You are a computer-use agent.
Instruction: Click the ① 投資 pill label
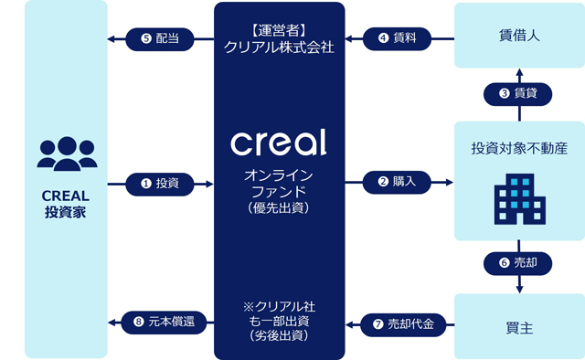(x=160, y=184)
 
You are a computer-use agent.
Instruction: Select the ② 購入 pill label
(x=397, y=182)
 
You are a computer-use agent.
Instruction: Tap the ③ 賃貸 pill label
(x=518, y=93)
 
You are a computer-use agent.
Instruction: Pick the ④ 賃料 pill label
(x=397, y=38)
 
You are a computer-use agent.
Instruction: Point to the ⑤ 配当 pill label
(x=160, y=39)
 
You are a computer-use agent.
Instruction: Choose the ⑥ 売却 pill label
(x=518, y=263)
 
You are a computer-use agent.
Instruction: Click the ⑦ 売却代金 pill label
(x=403, y=324)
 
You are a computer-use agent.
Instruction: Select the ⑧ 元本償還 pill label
(x=164, y=323)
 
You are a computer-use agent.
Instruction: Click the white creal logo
(x=279, y=143)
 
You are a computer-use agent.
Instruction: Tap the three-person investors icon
(x=67, y=154)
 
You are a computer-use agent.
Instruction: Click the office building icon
(x=520, y=199)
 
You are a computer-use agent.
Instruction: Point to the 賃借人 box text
(x=519, y=36)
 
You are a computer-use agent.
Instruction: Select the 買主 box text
(x=519, y=328)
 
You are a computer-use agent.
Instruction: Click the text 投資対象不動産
(x=519, y=148)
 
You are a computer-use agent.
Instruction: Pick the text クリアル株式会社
(x=279, y=48)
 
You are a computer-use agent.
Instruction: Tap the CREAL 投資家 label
(x=66, y=204)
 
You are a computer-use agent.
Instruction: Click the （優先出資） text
(x=279, y=208)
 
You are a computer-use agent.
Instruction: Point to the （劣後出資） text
(x=279, y=335)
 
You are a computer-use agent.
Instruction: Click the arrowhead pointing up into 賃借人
(x=519, y=72)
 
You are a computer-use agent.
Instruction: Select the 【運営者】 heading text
(x=279, y=30)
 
